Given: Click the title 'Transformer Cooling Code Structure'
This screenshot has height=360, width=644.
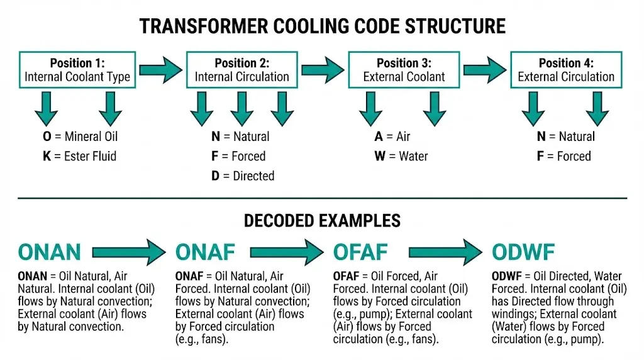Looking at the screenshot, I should [x=322, y=26].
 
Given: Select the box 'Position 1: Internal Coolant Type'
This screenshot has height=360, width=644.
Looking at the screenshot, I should [x=77, y=70].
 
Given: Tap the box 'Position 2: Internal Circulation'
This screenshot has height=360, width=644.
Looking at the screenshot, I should [x=241, y=70].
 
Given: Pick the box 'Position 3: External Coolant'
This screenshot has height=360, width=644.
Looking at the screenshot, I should [x=404, y=70].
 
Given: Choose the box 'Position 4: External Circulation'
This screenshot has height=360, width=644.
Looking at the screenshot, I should [x=565, y=70].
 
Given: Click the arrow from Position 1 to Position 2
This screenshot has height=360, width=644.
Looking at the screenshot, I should [x=161, y=65].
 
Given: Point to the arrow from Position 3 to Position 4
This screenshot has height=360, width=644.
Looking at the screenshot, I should [x=485, y=65].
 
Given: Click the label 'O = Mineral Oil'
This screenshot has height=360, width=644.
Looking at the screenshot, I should [x=80, y=137].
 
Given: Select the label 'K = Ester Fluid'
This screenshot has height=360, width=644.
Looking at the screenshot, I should [x=79, y=156].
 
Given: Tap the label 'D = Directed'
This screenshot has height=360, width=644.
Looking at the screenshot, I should [x=243, y=176].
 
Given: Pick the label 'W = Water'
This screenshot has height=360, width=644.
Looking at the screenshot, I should [x=401, y=156].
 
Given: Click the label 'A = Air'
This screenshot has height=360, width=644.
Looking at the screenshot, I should [x=392, y=137].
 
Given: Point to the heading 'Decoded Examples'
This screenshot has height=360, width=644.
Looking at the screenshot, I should [x=322, y=220].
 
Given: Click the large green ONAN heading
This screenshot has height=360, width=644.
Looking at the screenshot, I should [x=50, y=252].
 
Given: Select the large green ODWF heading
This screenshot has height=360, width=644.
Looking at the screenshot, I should [x=523, y=252].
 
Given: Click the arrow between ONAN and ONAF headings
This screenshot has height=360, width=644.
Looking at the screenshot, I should [x=129, y=252].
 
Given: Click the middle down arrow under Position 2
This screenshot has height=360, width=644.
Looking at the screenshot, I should [x=241, y=108].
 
